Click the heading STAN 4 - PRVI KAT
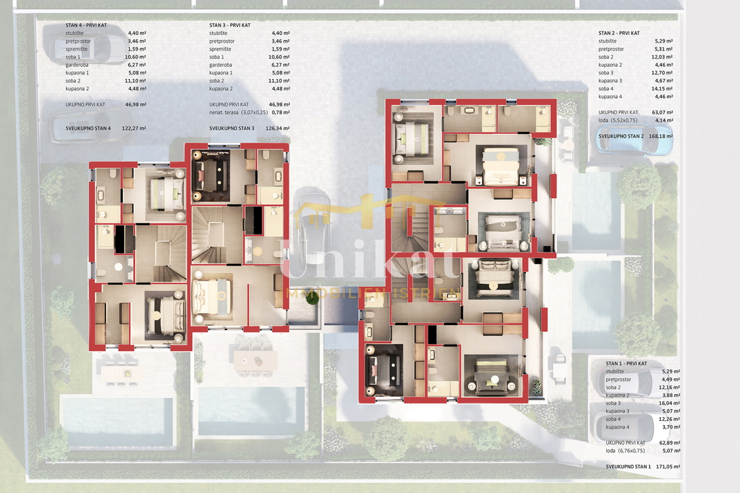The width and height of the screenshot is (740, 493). (x=86, y=25)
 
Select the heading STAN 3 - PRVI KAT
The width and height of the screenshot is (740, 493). (x=229, y=25)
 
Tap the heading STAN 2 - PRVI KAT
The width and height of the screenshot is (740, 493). (x=619, y=33)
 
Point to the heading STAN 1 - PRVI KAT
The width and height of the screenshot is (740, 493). (x=627, y=363)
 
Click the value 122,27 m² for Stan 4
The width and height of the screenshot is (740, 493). (x=134, y=128)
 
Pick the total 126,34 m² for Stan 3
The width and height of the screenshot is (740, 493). (x=277, y=128)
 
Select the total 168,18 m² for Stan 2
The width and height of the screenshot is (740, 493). (x=660, y=136)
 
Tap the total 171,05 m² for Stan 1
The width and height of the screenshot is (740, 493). (x=668, y=466)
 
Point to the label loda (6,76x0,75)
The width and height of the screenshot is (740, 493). (x=625, y=450)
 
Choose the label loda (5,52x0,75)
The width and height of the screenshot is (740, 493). (x=618, y=120)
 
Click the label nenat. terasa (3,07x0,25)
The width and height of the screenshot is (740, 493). (x=239, y=112)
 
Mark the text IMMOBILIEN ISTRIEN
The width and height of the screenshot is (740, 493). (x=372, y=293)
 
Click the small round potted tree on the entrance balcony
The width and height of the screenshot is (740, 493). (x=312, y=298)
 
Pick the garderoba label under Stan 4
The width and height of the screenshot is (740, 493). (x=78, y=65)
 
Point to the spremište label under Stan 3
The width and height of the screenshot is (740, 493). (x=220, y=49)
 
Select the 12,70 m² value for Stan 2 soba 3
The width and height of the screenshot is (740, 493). (x=662, y=73)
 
